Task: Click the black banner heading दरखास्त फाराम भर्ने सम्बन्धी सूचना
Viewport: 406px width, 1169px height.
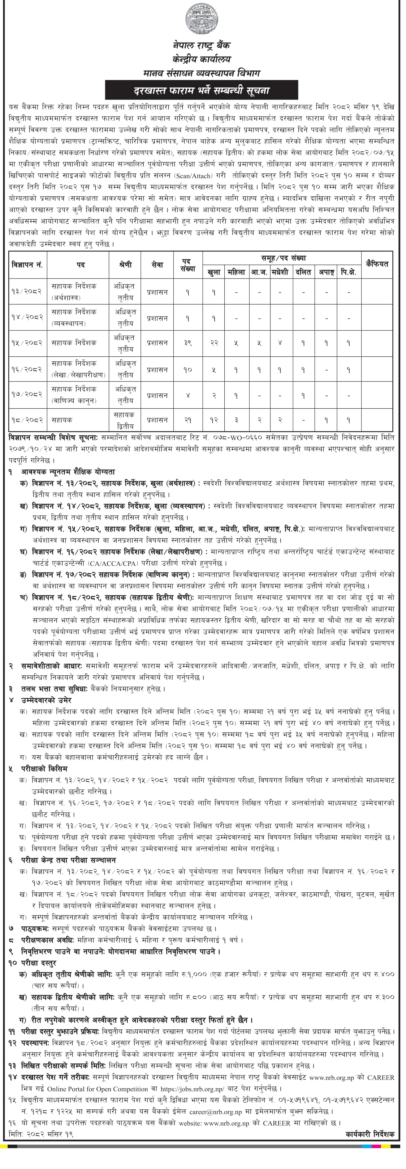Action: pos(202,90)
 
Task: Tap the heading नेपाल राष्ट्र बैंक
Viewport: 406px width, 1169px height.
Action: pos(202,45)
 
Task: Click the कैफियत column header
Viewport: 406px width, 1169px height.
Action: pos(377,264)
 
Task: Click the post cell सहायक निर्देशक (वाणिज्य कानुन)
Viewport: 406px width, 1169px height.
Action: pos(78,395)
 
